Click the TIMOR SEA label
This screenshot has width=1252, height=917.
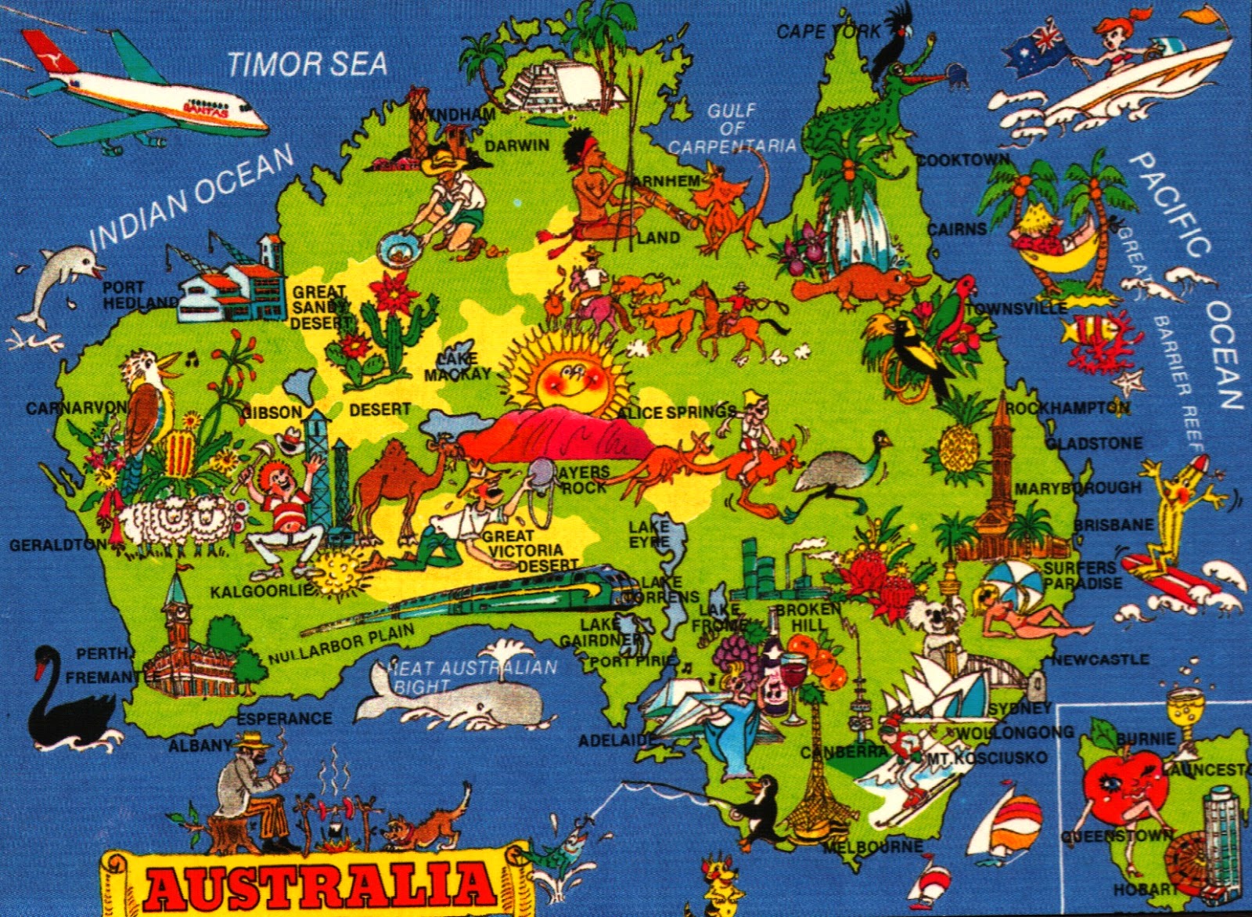(x=308, y=62)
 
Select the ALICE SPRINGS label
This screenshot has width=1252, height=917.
(x=677, y=412)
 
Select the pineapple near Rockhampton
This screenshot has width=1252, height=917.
(x=956, y=446)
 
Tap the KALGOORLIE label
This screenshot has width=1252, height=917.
(x=261, y=591)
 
